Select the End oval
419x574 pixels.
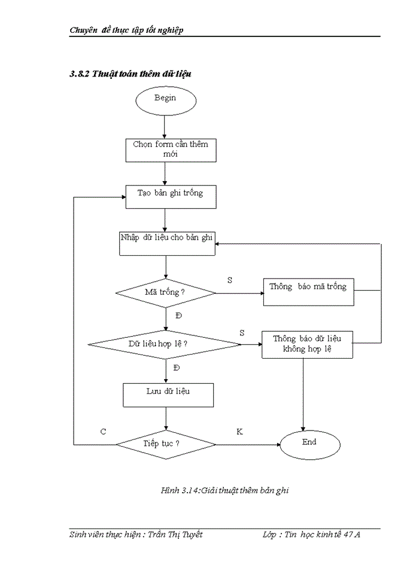[309, 444]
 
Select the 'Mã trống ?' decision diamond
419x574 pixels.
[165, 293]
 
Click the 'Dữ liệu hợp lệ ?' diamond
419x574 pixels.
[165, 344]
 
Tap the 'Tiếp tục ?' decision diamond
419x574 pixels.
[165, 445]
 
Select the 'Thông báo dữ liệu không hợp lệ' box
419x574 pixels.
[307, 344]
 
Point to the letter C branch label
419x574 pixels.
[104, 431]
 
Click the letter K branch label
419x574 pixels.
[239, 431]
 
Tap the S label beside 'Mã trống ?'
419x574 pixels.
[230, 279]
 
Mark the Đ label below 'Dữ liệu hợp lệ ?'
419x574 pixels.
[176, 368]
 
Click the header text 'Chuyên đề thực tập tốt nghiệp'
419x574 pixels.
[126, 30]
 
